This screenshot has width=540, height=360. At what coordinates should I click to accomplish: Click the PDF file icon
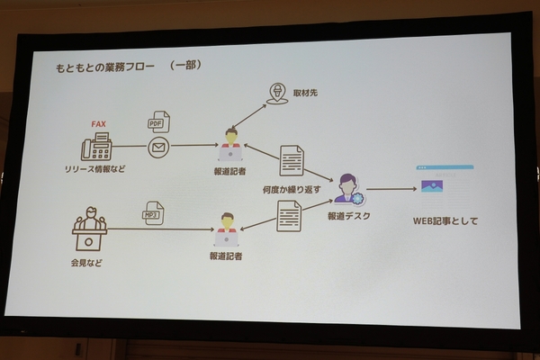[x=159, y=122]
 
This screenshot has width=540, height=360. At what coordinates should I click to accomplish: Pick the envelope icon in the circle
[x=158, y=145]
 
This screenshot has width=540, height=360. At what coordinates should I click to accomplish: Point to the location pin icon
[x=277, y=94]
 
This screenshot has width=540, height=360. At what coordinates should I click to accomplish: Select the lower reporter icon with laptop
[x=226, y=229]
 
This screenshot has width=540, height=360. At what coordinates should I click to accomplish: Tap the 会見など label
[x=86, y=262]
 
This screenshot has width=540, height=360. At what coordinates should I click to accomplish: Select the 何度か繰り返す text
[x=291, y=190]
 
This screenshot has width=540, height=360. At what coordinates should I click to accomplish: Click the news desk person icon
[x=346, y=189]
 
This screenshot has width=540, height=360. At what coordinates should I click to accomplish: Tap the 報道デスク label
[x=348, y=215]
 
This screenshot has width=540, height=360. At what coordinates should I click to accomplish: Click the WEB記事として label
[x=445, y=220]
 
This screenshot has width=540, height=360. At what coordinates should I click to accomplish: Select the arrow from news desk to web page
[x=389, y=189]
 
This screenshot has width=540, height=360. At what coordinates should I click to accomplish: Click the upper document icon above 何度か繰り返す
[x=292, y=159]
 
